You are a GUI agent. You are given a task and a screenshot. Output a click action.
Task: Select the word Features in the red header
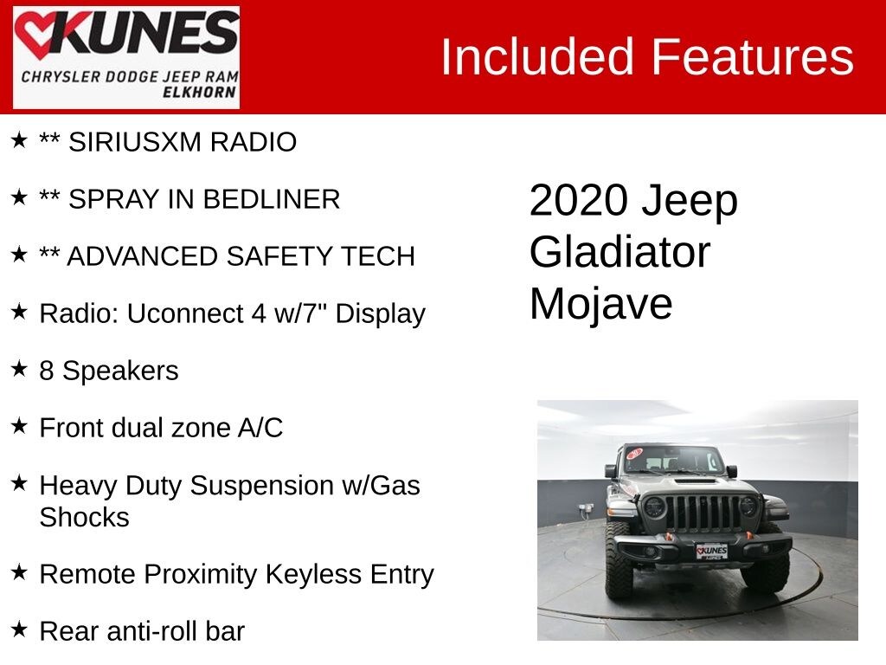[x=752, y=57]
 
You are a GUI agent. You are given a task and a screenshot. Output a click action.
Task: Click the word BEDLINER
[x=272, y=199]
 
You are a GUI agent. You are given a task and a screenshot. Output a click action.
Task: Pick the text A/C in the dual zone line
[x=260, y=428]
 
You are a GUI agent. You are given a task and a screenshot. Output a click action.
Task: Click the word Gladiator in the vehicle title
[x=620, y=252]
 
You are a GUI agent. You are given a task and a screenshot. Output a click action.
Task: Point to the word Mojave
[x=600, y=304]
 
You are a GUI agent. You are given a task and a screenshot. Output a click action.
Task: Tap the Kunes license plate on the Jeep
[x=711, y=551]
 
